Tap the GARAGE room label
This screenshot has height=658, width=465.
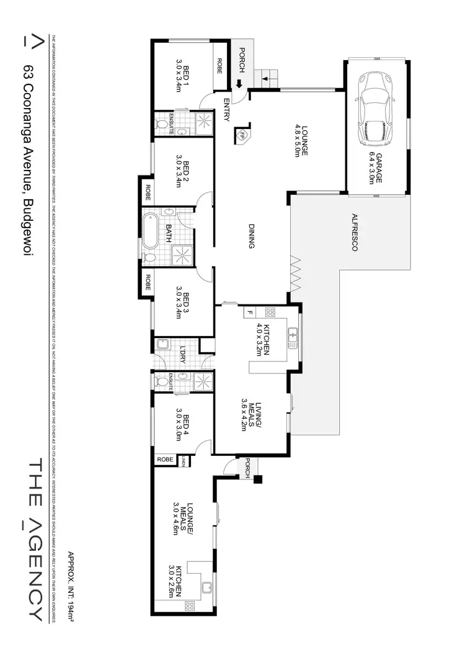click(376, 166)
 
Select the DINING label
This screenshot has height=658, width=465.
click(251, 236)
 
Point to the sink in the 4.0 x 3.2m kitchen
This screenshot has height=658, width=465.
click(293, 338)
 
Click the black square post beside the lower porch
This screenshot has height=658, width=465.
click(258, 478)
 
